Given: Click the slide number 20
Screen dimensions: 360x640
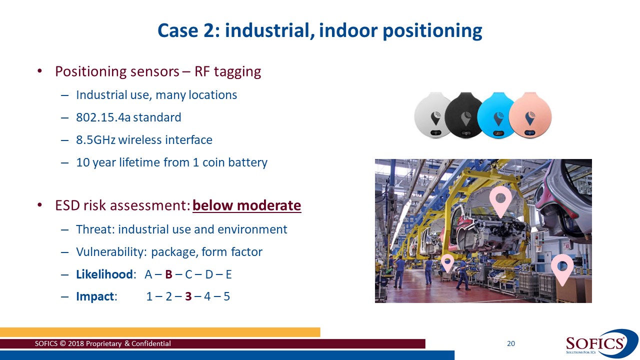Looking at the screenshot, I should click(x=510, y=343).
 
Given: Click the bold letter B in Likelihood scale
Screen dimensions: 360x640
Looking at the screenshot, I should click(x=169, y=274).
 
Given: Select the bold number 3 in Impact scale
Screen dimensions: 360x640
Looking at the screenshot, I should click(x=188, y=296).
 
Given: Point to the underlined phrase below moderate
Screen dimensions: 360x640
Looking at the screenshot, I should click(x=246, y=205).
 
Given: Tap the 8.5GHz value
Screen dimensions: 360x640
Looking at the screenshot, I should click(x=95, y=140).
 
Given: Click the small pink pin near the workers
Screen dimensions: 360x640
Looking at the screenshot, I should click(x=447, y=262).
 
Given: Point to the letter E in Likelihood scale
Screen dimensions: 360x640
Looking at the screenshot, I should click(x=228, y=274).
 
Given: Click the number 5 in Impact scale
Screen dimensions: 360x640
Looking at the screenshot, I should click(x=226, y=296).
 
